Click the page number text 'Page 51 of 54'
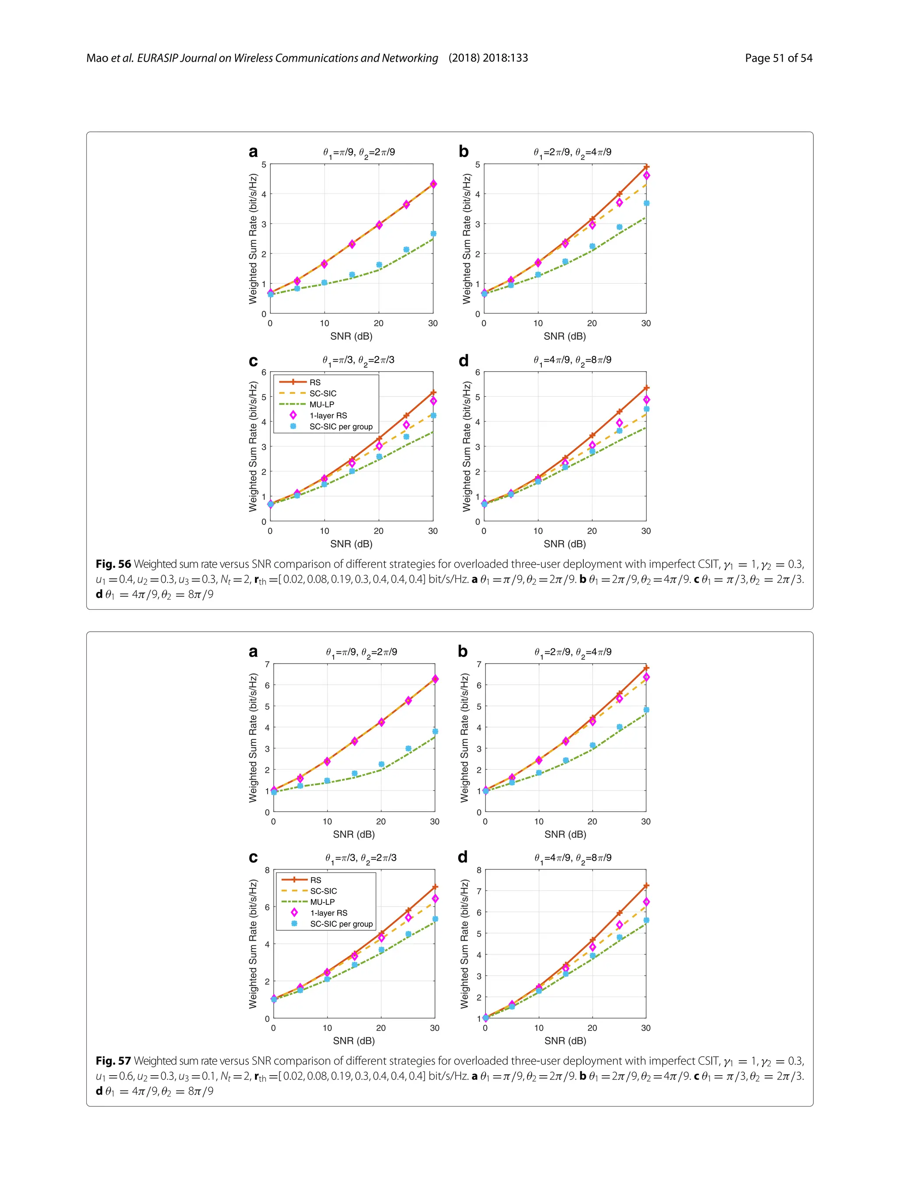[778, 58]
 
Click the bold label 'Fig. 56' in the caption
[113, 564]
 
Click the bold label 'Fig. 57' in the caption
[113, 1061]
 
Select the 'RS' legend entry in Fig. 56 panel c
[315, 382]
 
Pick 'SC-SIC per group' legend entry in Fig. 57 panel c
[341, 924]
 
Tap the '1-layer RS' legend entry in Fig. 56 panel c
[328, 415]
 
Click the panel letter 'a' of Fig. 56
[253, 152]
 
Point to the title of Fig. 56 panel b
[572, 152]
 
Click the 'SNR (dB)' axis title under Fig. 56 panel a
[351, 336]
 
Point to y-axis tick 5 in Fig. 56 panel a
[264, 164]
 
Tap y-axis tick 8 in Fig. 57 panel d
[479, 870]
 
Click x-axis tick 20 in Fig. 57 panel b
[592, 822]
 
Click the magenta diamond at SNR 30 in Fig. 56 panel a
[433, 184]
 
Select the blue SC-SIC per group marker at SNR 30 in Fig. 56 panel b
[646, 203]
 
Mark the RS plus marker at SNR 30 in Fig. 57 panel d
[646, 886]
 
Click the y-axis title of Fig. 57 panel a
[253, 738]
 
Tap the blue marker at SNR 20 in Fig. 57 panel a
[381, 764]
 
